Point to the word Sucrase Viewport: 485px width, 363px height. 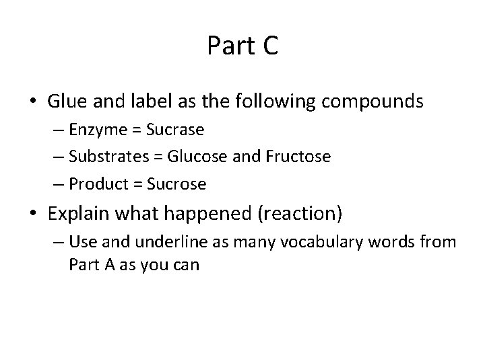point(182,130)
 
